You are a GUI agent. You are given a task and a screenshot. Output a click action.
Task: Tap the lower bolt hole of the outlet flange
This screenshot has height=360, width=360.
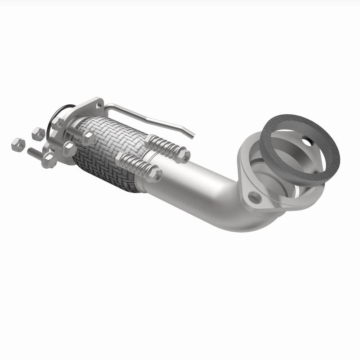pyautogui.click(x=254, y=197)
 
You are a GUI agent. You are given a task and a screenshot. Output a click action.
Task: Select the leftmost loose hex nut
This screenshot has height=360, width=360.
pyautogui.click(x=17, y=144)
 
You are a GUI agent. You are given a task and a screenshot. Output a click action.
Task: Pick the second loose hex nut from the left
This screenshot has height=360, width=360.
pyautogui.click(x=38, y=133)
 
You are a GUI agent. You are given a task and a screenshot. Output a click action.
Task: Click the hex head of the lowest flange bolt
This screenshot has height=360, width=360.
pyautogui.click(x=49, y=161)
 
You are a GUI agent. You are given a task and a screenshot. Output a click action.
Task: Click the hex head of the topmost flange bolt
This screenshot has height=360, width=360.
pyautogui.click(x=88, y=137)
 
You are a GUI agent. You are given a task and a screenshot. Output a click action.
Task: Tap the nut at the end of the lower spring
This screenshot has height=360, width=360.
pyautogui.click(x=154, y=175)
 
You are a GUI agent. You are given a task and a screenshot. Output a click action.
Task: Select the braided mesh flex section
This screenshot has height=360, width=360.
pyautogui.click(x=106, y=148)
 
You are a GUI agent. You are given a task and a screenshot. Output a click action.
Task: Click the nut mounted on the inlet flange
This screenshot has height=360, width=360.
pyautogui.click(x=58, y=123)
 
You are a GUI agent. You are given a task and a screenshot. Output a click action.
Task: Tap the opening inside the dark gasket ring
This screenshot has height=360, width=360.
pyautogui.click(x=299, y=148)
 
